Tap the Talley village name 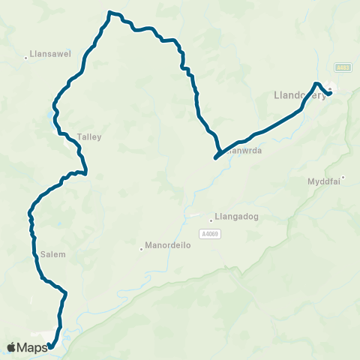[88, 137]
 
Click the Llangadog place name [236, 218]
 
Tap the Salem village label [54, 254]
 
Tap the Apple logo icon [11, 347]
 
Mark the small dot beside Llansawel [26, 55]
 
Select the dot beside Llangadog [212, 218]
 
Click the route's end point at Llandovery [331, 94]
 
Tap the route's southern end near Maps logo [49, 346]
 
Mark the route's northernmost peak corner [110, 12]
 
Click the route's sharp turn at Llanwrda [215, 158]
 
